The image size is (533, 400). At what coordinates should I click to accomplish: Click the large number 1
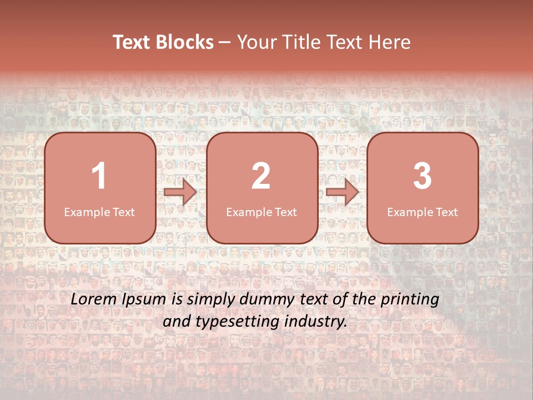[x=99, y=176]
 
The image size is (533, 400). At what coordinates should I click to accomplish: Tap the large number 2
[x=261, y=176]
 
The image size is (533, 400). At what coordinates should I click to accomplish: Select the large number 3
[x=423, y=176]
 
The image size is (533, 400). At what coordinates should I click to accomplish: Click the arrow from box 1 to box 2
[x=180, y=193]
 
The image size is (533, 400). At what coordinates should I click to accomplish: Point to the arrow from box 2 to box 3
[x=342, y=193]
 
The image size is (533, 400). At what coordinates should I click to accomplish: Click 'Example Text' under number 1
[x=99, y=212]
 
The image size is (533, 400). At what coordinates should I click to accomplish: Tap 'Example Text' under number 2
[x=262, y=212]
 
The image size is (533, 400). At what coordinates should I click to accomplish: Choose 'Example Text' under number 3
[x=423, y=212]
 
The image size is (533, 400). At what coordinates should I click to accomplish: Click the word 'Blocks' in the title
[x=185, y=42]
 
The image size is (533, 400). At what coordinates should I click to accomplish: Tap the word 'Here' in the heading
[x=390, y=42]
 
